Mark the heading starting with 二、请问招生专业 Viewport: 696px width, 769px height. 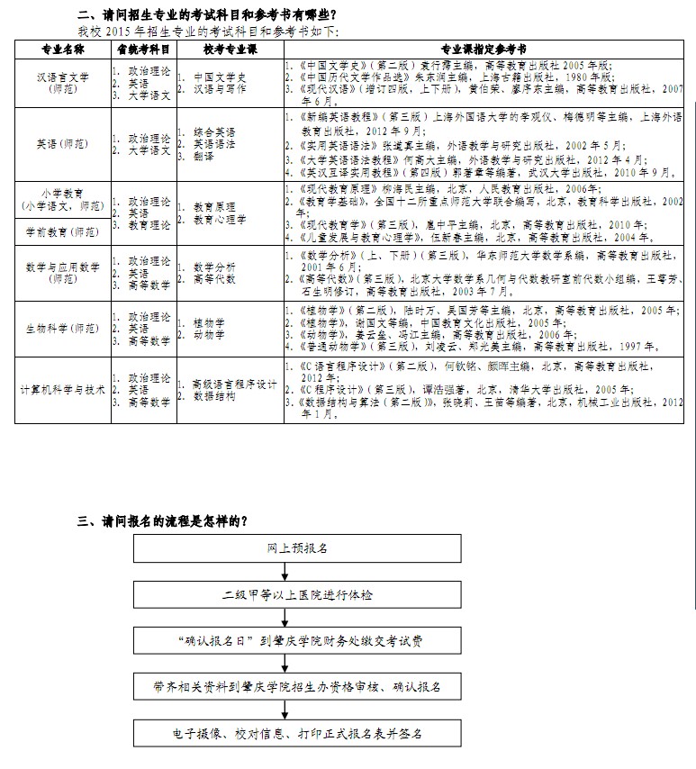pyautogui.click(x=206, y=14)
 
